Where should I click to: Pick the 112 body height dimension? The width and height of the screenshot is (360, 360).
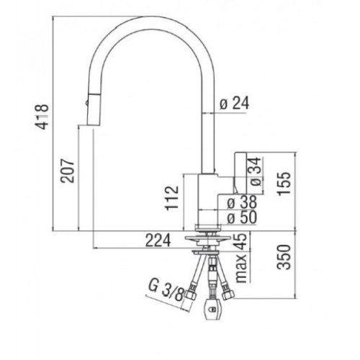171,199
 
